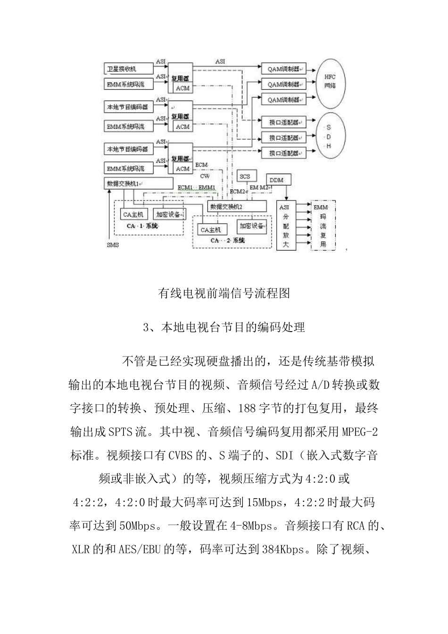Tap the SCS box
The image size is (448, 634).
point(245,176)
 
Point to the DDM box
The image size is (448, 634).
point(279,180)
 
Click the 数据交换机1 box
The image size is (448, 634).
point(138,184)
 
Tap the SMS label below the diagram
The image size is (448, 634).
point(113,244)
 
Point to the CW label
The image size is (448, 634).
point(205,176)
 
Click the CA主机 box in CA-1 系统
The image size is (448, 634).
point(134,214)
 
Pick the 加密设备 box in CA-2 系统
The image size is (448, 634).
point(251,226)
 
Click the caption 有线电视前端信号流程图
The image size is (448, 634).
point(224,293)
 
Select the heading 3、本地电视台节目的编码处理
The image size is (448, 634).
point(224,327)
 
